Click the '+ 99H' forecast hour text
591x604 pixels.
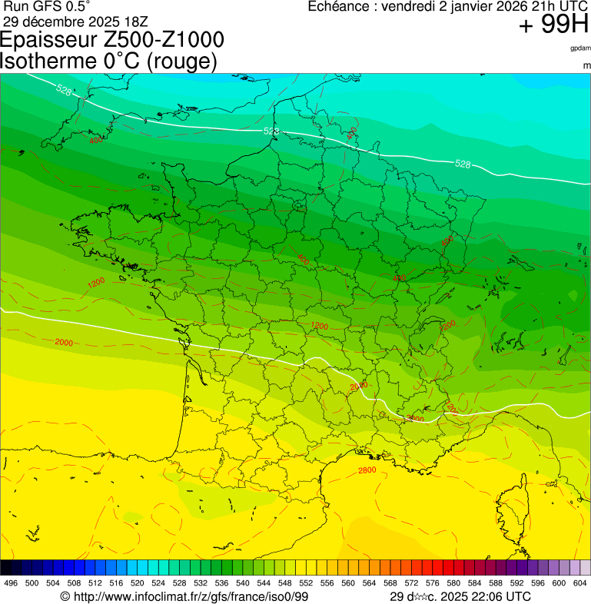(x=553, y=25)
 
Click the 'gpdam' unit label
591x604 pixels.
(x=580, y=48)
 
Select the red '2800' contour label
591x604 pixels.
(x=367, y=470)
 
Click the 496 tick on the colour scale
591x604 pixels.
(x=11, y=583)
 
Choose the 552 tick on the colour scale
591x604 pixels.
(x=304, y=583)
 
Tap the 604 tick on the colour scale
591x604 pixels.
(x=580, y=583)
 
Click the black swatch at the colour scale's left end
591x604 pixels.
(x=6, y=567)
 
